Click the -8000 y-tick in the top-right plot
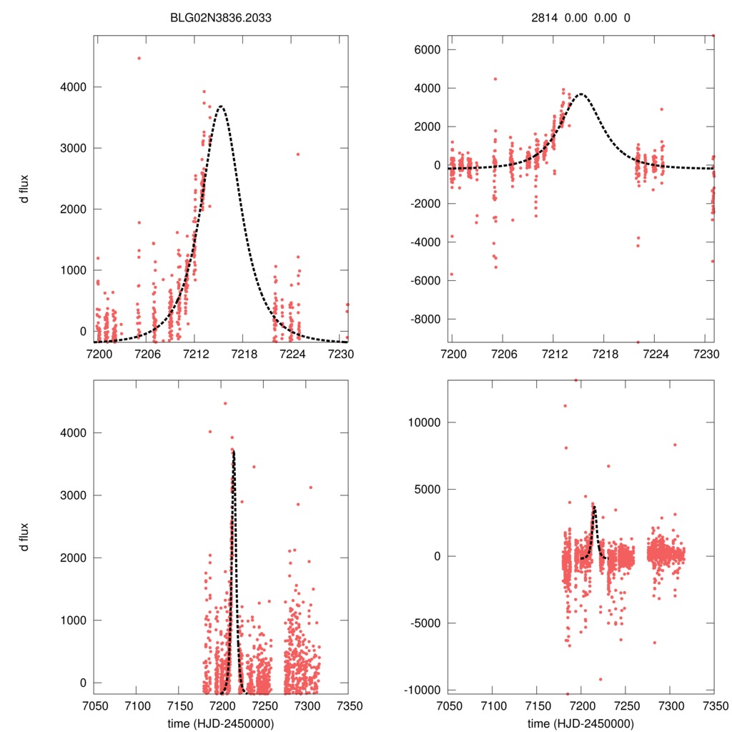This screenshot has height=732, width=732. [422, 319]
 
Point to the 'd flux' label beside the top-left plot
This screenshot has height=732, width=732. [25, 188]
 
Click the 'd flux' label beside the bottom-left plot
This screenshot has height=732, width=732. [25, 536]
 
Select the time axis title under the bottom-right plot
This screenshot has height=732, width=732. [580, 723]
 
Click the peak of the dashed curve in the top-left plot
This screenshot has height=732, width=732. [222, 107]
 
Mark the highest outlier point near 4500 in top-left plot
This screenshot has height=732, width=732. [139, 58]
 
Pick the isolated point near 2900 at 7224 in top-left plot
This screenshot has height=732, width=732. [298, 154]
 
